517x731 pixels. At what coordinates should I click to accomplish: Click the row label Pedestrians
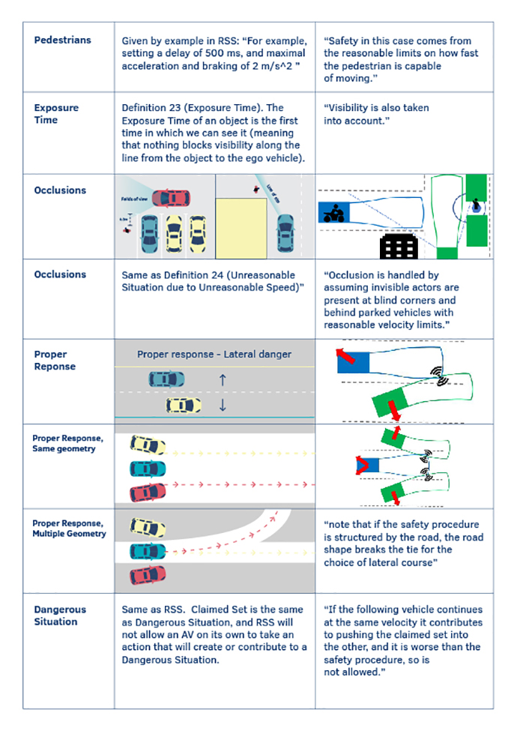pos(63,39)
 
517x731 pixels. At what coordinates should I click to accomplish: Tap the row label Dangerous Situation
pos(59,616)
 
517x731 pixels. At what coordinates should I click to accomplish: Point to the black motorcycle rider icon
pos(332,214)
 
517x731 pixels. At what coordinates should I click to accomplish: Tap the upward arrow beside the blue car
pos(222,380)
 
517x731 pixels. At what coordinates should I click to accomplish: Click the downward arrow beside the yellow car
pos(222,406)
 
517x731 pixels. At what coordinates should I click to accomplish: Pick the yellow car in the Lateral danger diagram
pos(184,406)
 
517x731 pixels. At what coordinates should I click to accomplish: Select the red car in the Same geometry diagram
pos(148,492)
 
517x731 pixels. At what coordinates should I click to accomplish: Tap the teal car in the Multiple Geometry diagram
pos(148,552)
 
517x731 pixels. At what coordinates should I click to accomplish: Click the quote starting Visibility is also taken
pos(376,113)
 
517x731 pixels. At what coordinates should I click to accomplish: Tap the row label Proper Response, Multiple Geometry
pos(70,528)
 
